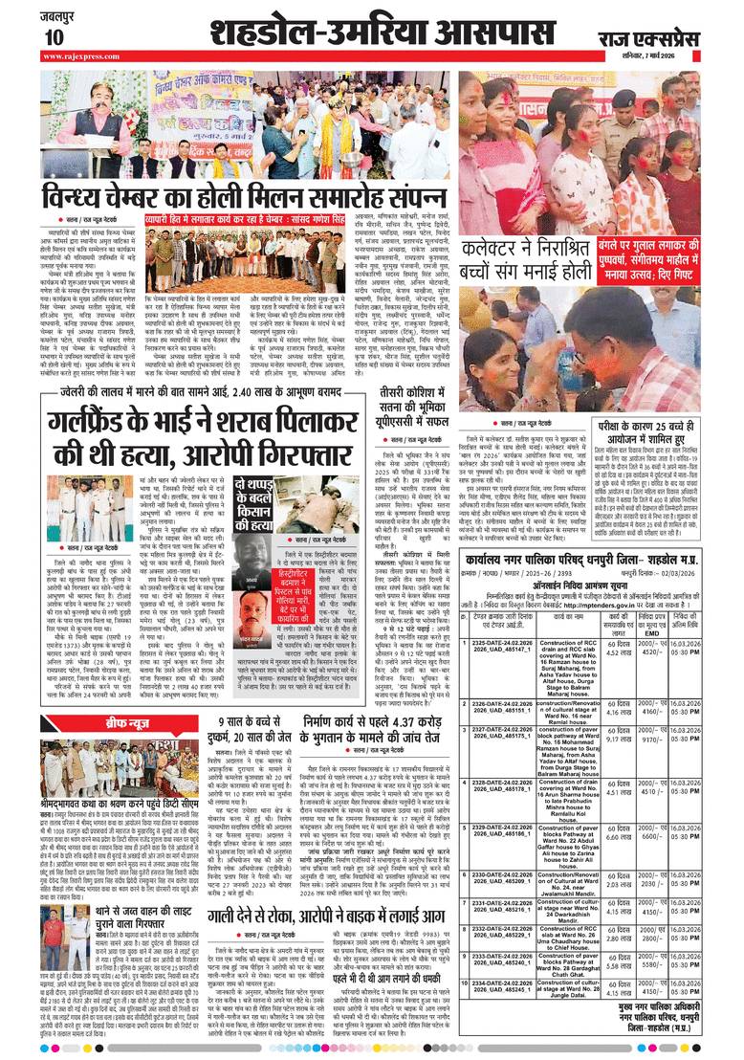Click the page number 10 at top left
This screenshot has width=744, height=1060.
pos(54,36)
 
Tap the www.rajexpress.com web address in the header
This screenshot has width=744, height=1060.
pos(80,56)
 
